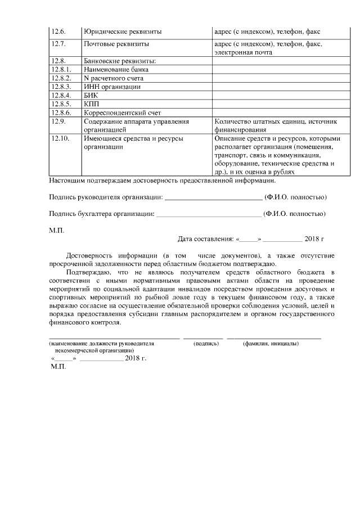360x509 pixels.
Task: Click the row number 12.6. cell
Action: click(58, 32)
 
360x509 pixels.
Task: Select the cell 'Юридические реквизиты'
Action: click(118, 32)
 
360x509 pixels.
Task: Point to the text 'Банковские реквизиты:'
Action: click(119, 61)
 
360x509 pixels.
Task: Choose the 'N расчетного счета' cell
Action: click(112, 78)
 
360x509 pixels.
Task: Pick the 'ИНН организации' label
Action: click(112, 87)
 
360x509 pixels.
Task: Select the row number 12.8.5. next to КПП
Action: click(60, 104)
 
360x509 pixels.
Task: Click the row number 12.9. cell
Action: click(58, 121)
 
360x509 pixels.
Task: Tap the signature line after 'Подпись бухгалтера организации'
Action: click(209, 214)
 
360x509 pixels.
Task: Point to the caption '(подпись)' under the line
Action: click(206, 343)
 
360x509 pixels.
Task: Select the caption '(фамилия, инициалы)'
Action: click(271, 343)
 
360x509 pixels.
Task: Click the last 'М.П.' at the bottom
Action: click(58, 366)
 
